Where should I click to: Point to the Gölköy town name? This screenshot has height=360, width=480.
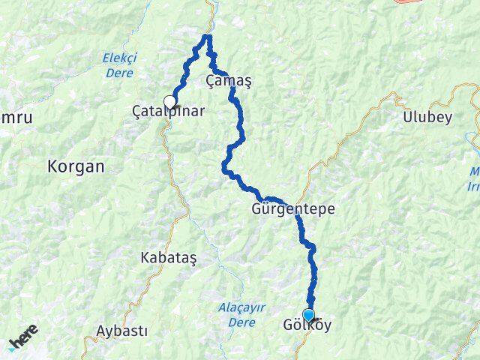[307, 326]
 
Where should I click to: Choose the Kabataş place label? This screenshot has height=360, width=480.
[168, 257]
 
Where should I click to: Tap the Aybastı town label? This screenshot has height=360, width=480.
[122, 331]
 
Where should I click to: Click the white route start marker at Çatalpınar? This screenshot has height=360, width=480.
[170, 102]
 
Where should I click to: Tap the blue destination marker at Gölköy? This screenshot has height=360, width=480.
[308, 315]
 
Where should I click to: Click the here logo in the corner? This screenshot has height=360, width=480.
[22, 343]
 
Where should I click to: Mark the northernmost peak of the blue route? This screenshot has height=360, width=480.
[208, 36]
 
